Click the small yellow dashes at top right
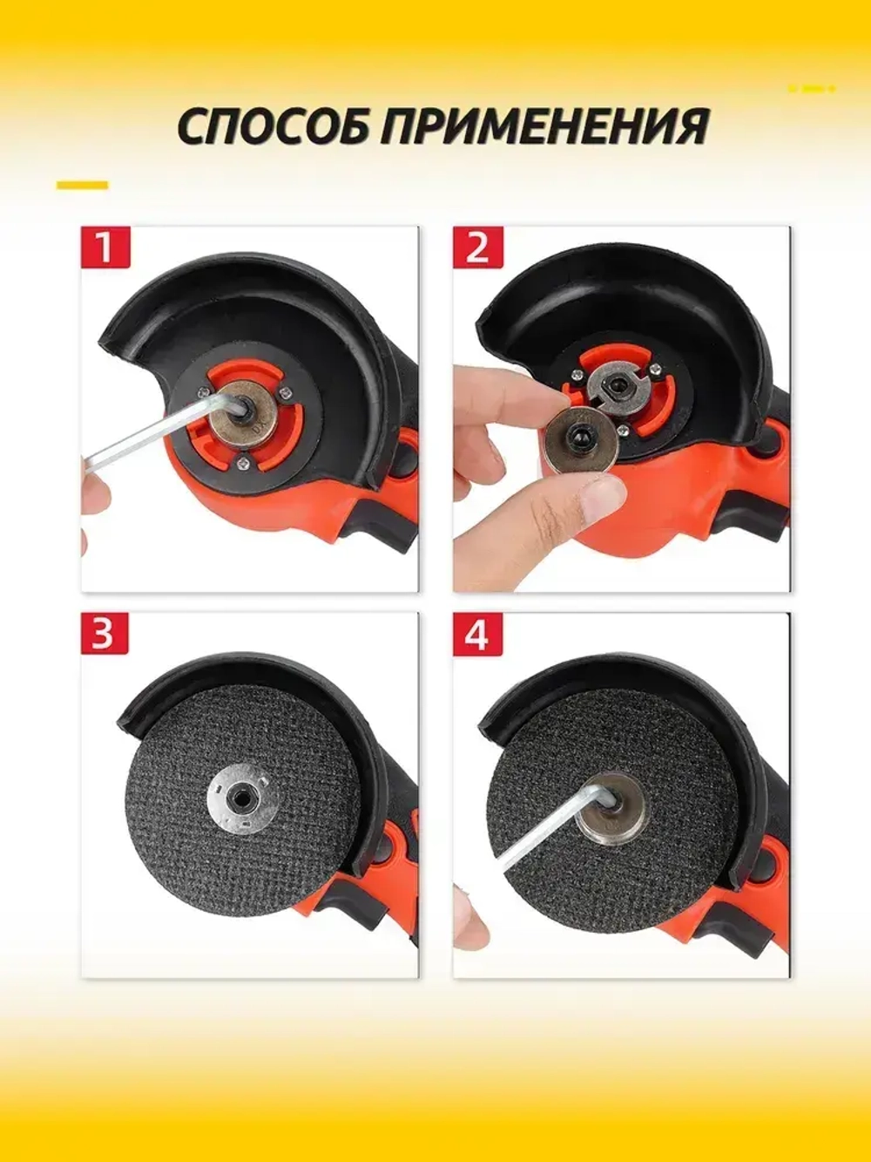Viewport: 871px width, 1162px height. (x=812, y=89)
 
